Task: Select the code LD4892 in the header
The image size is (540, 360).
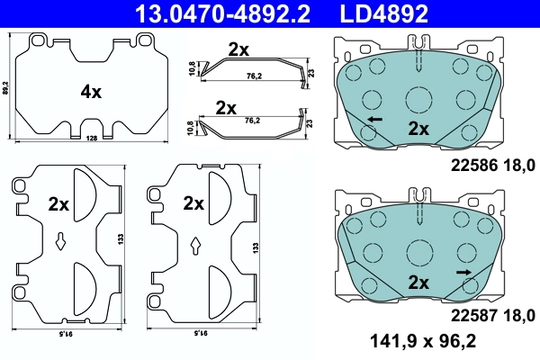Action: [383, 13]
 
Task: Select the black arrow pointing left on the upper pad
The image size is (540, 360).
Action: [372, 119]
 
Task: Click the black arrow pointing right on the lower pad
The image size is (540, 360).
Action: [463, 271]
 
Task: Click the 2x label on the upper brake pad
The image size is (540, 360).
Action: [418, 128]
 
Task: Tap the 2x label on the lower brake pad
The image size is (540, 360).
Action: [418, 282]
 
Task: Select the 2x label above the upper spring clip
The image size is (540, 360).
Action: [238, 50]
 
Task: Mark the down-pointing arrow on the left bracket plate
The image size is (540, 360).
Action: [60, 240]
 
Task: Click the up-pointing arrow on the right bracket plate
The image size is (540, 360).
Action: [196, 243]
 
